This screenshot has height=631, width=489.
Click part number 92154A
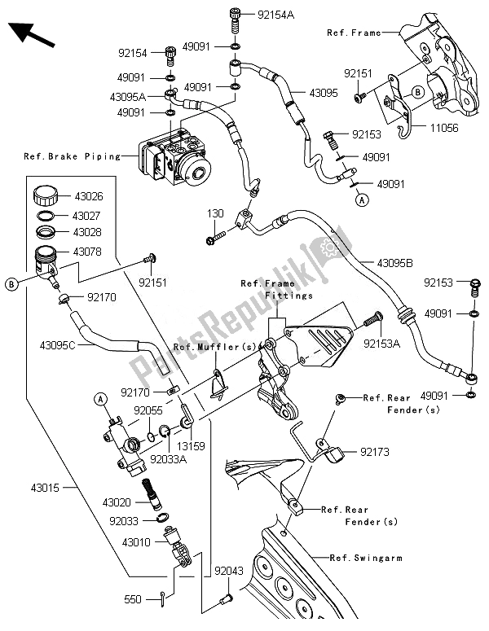(x=276, y=14)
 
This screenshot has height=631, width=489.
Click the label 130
(x=215, y=213)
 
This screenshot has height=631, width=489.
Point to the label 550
(x=133, y=599)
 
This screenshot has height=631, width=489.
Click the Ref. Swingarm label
(x=365, y=558)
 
